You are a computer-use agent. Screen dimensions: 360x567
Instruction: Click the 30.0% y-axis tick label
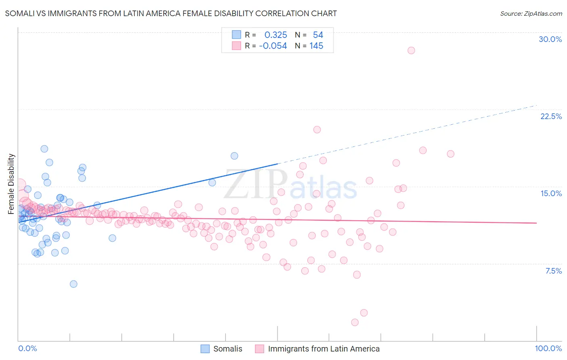(x=550, y=39)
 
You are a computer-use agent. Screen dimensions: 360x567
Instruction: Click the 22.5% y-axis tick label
(x=551, y=116)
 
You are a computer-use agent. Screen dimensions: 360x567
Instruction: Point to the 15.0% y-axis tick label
(x=551, y=193)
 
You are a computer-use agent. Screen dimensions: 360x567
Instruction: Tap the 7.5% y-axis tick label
(x=553, y=271)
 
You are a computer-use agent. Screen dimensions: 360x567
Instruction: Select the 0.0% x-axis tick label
(x=27, y=348)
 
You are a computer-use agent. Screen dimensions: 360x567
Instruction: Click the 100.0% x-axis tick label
(x=548, y=348)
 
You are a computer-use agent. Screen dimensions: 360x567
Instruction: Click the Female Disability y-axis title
(x=11, y=184)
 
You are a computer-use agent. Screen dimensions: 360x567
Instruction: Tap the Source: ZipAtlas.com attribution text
(x=531, y=13)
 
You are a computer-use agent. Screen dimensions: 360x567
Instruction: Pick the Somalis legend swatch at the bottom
(x=205, y=349)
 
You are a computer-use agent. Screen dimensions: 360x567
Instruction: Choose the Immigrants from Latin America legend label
(x=323, y=349)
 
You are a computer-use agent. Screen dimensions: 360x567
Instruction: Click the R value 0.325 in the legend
(x=275, y=35)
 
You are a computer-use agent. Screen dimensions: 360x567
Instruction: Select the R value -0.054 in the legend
(x=273, y=46)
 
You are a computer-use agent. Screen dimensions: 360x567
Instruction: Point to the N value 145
(x=316, y=46)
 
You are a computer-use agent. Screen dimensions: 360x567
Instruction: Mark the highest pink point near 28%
(x=411, y=50)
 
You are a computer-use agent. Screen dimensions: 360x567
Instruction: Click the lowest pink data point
(x=355, y=322)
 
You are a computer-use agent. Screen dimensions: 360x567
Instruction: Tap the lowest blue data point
(x=73, y=284)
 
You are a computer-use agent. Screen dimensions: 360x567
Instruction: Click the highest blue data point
(x=44, y=149)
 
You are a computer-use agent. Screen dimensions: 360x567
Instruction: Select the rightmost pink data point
(x=450, y=154)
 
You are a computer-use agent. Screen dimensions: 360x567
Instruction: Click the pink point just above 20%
(x=317, y=130)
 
